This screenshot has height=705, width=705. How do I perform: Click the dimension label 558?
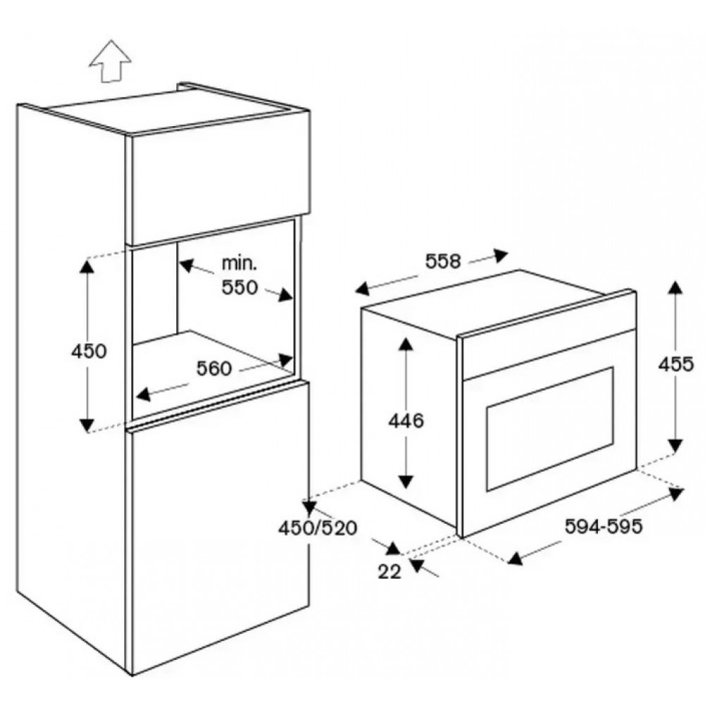pos(443,262)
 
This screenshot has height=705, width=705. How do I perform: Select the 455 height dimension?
pos(676,364)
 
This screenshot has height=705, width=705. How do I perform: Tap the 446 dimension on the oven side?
pos(406,421)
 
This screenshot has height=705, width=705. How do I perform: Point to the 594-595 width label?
pos(603,526)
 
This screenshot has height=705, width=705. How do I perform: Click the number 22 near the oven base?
pos(389,572)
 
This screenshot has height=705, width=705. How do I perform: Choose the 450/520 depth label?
pos(317,528)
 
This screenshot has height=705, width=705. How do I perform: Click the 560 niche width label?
pos(214,369)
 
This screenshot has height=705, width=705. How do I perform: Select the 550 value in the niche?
pos(240,288)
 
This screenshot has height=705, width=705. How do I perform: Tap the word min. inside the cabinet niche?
pos(239,264)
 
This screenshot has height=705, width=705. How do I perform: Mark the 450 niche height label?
pos(89,351)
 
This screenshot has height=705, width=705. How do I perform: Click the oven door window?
pos(550,429)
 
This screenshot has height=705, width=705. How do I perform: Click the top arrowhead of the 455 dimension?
pos(675,287)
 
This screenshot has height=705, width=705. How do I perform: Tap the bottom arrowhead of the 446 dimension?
pos(406,482)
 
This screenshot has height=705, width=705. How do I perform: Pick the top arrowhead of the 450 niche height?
pos(87,266)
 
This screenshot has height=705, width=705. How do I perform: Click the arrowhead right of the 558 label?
pos(501,255)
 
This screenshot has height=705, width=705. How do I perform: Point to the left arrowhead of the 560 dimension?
pos(143,394)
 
